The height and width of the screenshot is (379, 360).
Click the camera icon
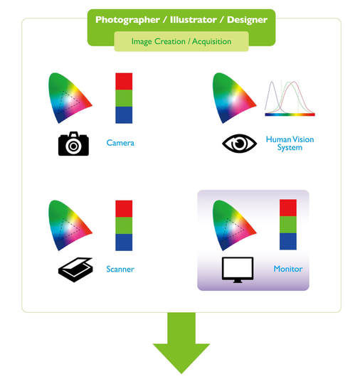pos(73,144)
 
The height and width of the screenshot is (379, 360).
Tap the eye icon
pos(239,144)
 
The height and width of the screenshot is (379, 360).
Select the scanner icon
pos(75,269)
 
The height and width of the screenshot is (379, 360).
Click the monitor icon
pos(238,269)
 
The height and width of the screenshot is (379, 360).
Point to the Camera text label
pos(120,143)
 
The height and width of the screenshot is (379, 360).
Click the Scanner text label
pos(120,269)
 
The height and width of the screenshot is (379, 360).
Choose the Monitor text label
pos(288,269)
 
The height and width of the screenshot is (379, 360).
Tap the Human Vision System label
pos(290,144)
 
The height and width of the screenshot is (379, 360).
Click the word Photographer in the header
pos(127,20)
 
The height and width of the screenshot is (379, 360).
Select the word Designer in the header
pos(247,20)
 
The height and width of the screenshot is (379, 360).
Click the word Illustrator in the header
pos(194,20)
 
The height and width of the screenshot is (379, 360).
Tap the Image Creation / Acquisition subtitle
pos(181,41)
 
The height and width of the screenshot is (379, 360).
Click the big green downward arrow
pos(181,343)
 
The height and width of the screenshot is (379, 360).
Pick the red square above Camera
pos(124,82)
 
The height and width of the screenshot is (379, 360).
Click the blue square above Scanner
pos(124,242)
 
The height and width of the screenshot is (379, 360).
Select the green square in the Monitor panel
pos(288,225)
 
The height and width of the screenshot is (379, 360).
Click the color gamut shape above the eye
pos(234,98)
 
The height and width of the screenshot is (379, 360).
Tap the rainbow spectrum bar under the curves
pos(290,114)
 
